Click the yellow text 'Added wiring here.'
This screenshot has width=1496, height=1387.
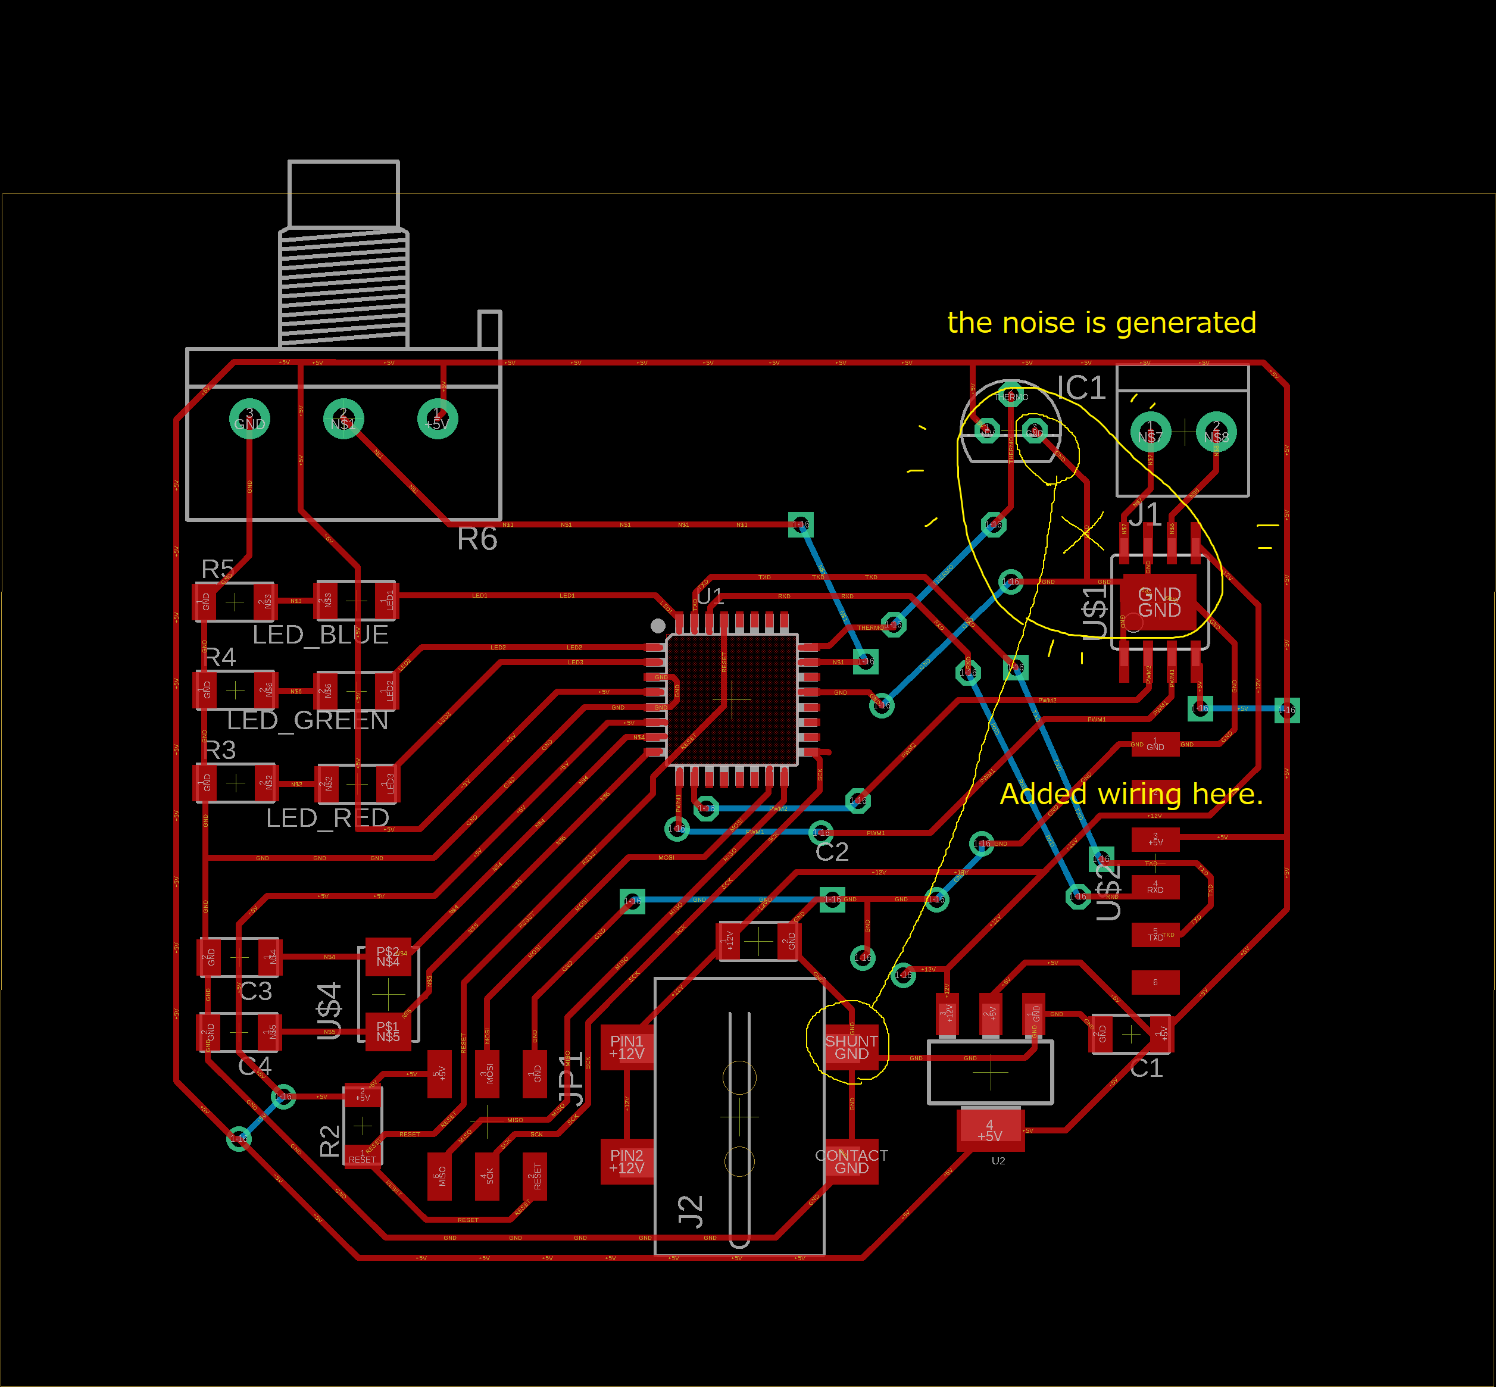1130,794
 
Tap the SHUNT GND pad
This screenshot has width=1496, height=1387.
851,1047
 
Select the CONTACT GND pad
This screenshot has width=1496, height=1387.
851,1162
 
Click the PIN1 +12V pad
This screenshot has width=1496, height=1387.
627,1047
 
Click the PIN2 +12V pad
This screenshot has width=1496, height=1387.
627,1162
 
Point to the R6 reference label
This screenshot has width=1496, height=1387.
477,539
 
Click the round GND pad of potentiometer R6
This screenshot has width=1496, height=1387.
249,419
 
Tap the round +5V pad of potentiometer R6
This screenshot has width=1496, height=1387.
437,419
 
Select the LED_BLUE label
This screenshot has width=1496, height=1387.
320,635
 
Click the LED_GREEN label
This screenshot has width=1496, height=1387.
308,720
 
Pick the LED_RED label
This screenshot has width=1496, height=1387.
327,817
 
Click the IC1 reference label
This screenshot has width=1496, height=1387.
1081,388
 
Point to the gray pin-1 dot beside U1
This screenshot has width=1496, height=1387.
658,625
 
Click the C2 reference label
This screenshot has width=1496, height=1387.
832,852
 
